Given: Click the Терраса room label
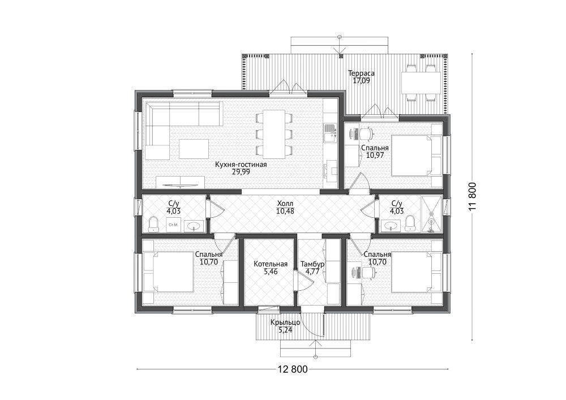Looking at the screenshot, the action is pos(361,73).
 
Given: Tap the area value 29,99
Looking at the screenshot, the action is pos(241,172).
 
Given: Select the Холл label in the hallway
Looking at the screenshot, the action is pos(285,204).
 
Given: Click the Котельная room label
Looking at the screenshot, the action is pos(271,264).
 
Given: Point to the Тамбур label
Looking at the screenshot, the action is pos(312,264).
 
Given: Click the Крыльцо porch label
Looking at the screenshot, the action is pos(285,322).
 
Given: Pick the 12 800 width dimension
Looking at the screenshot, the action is pos(293,369).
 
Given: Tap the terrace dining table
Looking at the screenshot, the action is pos(421,83).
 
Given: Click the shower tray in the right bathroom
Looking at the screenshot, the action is pos(431,214).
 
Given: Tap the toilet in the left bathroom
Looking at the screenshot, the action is pos(154,224).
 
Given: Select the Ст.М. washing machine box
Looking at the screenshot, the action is pos(173,225).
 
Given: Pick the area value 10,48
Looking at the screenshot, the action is pos(285,211).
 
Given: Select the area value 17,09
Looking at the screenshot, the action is pos(361,80).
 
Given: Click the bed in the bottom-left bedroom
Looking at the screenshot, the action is pos(168,272).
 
